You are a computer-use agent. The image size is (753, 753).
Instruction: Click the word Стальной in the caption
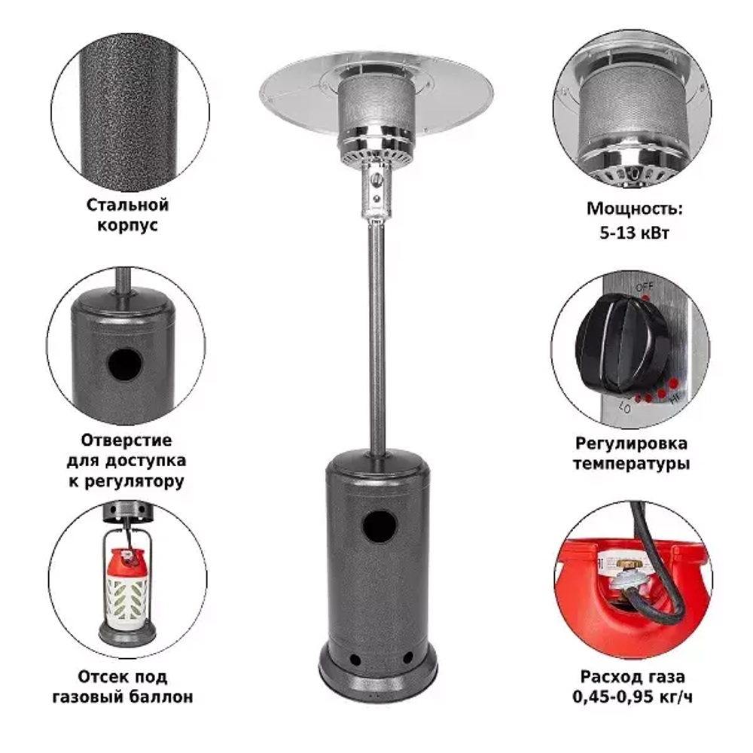click(127, 205)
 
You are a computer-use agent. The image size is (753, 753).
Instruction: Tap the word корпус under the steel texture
click(127, 225)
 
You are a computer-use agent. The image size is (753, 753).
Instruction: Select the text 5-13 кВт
click(634, 233)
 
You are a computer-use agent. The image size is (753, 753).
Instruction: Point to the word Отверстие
click(127, 440)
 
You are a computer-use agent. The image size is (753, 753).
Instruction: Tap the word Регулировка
click(631, 444)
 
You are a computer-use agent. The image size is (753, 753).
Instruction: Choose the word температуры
click(631, 464)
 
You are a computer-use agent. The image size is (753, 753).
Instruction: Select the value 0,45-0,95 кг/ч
click(632, 697)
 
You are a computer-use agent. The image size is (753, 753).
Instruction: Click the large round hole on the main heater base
click(380, 527)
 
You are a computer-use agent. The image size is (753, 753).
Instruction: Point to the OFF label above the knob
click(645, 287)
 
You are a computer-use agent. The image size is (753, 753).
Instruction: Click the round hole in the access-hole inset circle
click(124, 364)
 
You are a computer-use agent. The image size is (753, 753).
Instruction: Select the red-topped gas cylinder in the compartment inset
click(127, 590)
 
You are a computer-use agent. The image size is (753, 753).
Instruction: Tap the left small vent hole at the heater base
click(355, 660)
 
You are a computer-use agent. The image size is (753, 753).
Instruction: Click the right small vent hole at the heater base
click(407, 657)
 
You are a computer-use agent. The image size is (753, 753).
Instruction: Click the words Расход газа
click(632, 677)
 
